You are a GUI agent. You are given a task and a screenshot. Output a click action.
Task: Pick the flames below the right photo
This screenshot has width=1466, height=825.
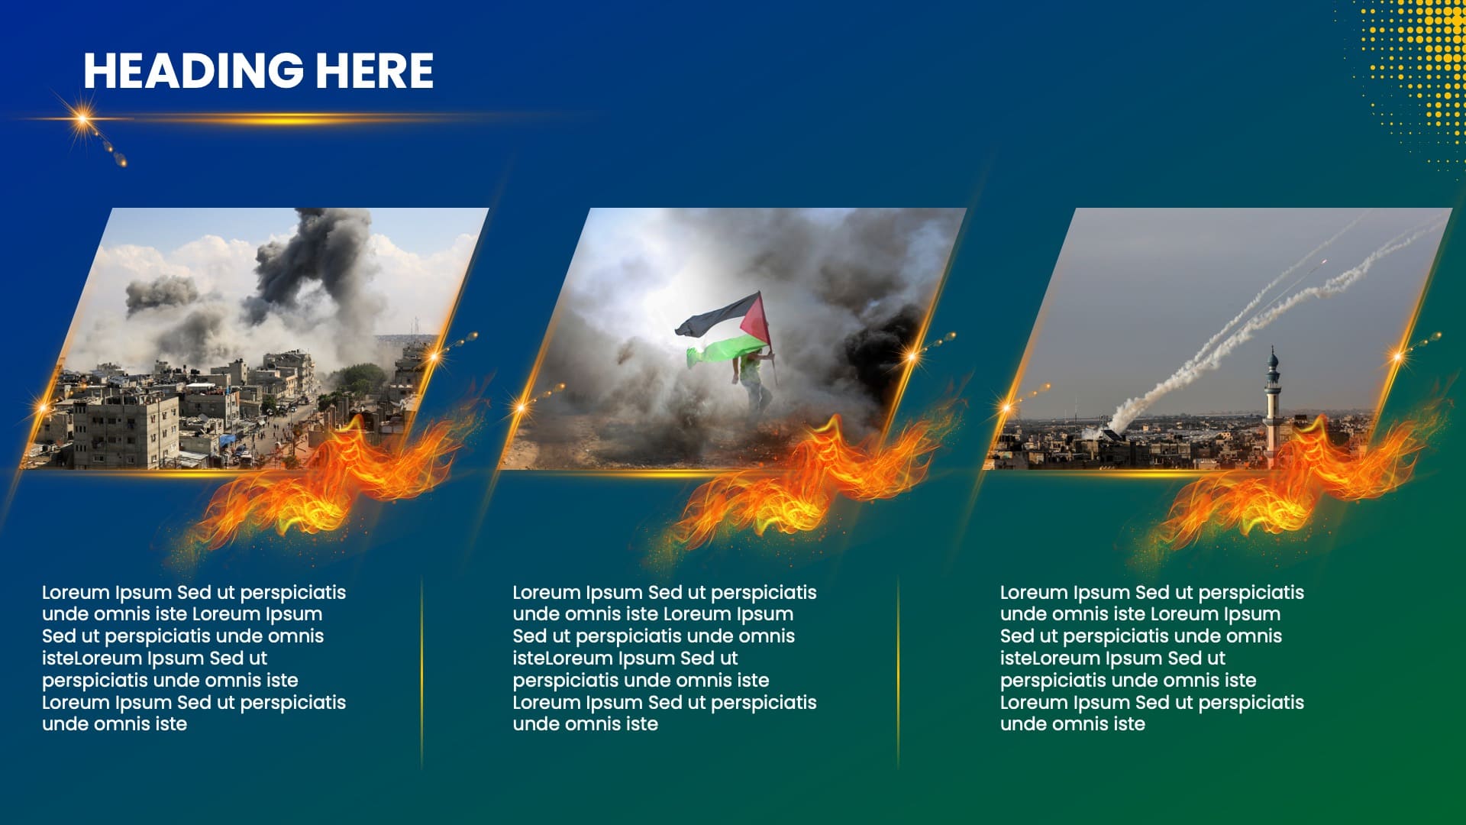1290,481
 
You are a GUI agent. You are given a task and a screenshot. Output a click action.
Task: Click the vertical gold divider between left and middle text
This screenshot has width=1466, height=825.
421,672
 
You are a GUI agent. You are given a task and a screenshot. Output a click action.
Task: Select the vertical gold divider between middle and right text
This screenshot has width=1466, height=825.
898,672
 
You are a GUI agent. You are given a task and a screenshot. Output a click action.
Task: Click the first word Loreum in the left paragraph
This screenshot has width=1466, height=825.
76,593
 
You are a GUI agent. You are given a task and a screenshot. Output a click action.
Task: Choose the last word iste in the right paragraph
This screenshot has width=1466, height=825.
1126,724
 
